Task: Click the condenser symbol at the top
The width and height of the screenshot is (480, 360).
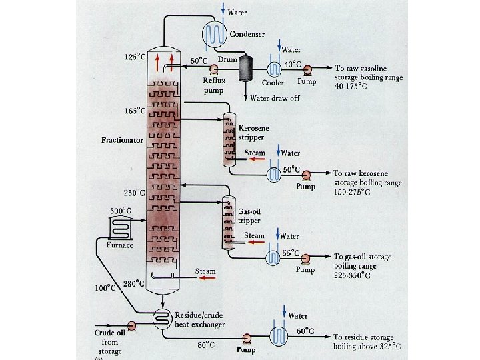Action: (x=217, y=33)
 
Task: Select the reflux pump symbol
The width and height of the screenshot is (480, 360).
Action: (x=214, y=69)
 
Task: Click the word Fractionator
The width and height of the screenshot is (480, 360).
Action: (x=122, y=141)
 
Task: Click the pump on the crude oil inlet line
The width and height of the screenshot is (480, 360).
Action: (x=132, y=325)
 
